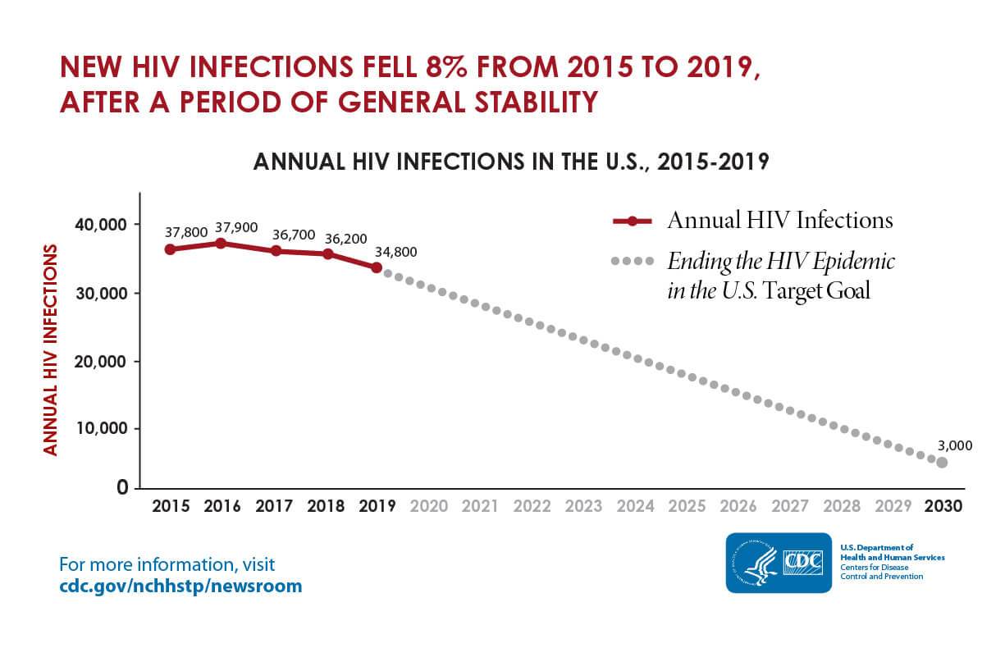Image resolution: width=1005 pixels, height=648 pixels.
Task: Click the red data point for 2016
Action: coord(221,243)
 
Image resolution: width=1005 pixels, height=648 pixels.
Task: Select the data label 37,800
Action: coord(185,232)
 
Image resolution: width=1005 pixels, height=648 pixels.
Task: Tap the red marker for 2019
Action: coord(377,267)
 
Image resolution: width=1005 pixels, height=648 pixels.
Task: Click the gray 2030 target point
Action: coord(942,463)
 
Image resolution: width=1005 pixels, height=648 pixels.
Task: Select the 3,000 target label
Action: coord(954,445)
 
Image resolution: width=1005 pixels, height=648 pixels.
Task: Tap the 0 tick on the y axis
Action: coord(121,488)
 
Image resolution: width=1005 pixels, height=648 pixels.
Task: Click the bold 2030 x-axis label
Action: coord(943,506)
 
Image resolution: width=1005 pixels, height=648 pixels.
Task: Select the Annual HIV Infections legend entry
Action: coord(779,221)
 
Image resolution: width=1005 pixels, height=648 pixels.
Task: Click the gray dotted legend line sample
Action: coord(632,262)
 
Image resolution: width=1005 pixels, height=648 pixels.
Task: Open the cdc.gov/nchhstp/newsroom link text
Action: coord(180,586)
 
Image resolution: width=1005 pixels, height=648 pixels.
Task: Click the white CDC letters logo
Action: coord(806,562)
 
